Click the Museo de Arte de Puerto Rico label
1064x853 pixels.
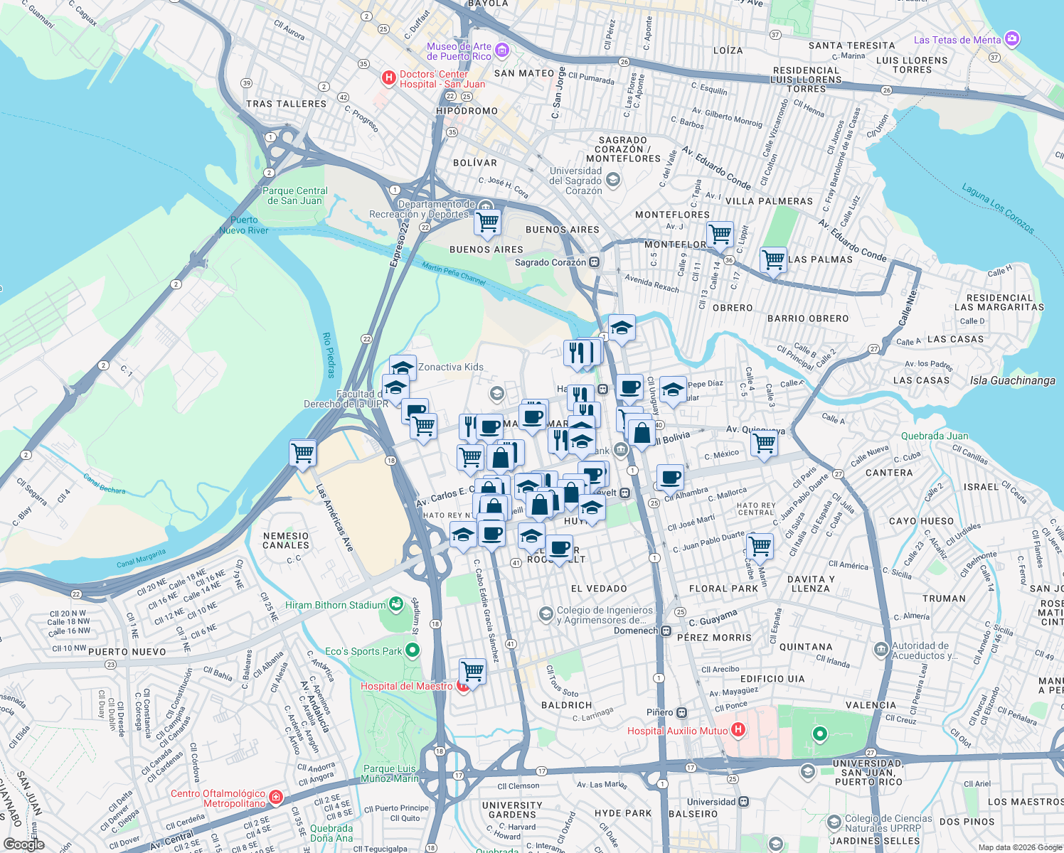coord(459,51)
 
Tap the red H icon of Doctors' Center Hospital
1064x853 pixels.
coord(388,78)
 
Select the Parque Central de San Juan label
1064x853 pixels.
coord(295,195)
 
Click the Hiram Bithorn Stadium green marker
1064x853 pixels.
coord(397,605)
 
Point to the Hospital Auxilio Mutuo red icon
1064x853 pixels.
coord(738,730)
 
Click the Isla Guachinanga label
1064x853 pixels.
coord(1012,380)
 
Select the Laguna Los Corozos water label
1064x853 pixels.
coord(998,208)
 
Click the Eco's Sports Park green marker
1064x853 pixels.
coord(413,650)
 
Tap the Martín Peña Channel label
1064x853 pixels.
coord(454,272)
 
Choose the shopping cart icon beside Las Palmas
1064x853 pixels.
coord(773,259)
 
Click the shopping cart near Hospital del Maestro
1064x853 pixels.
coord(473,670)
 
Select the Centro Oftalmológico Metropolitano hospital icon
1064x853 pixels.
coord(276,798)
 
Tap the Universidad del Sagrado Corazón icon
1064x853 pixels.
coord(613,181)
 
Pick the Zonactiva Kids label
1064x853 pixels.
coord(451,367)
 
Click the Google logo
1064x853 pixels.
coord(23,844)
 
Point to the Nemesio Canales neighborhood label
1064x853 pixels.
coord(286,540)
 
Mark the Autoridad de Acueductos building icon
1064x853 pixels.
coord(881,649)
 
